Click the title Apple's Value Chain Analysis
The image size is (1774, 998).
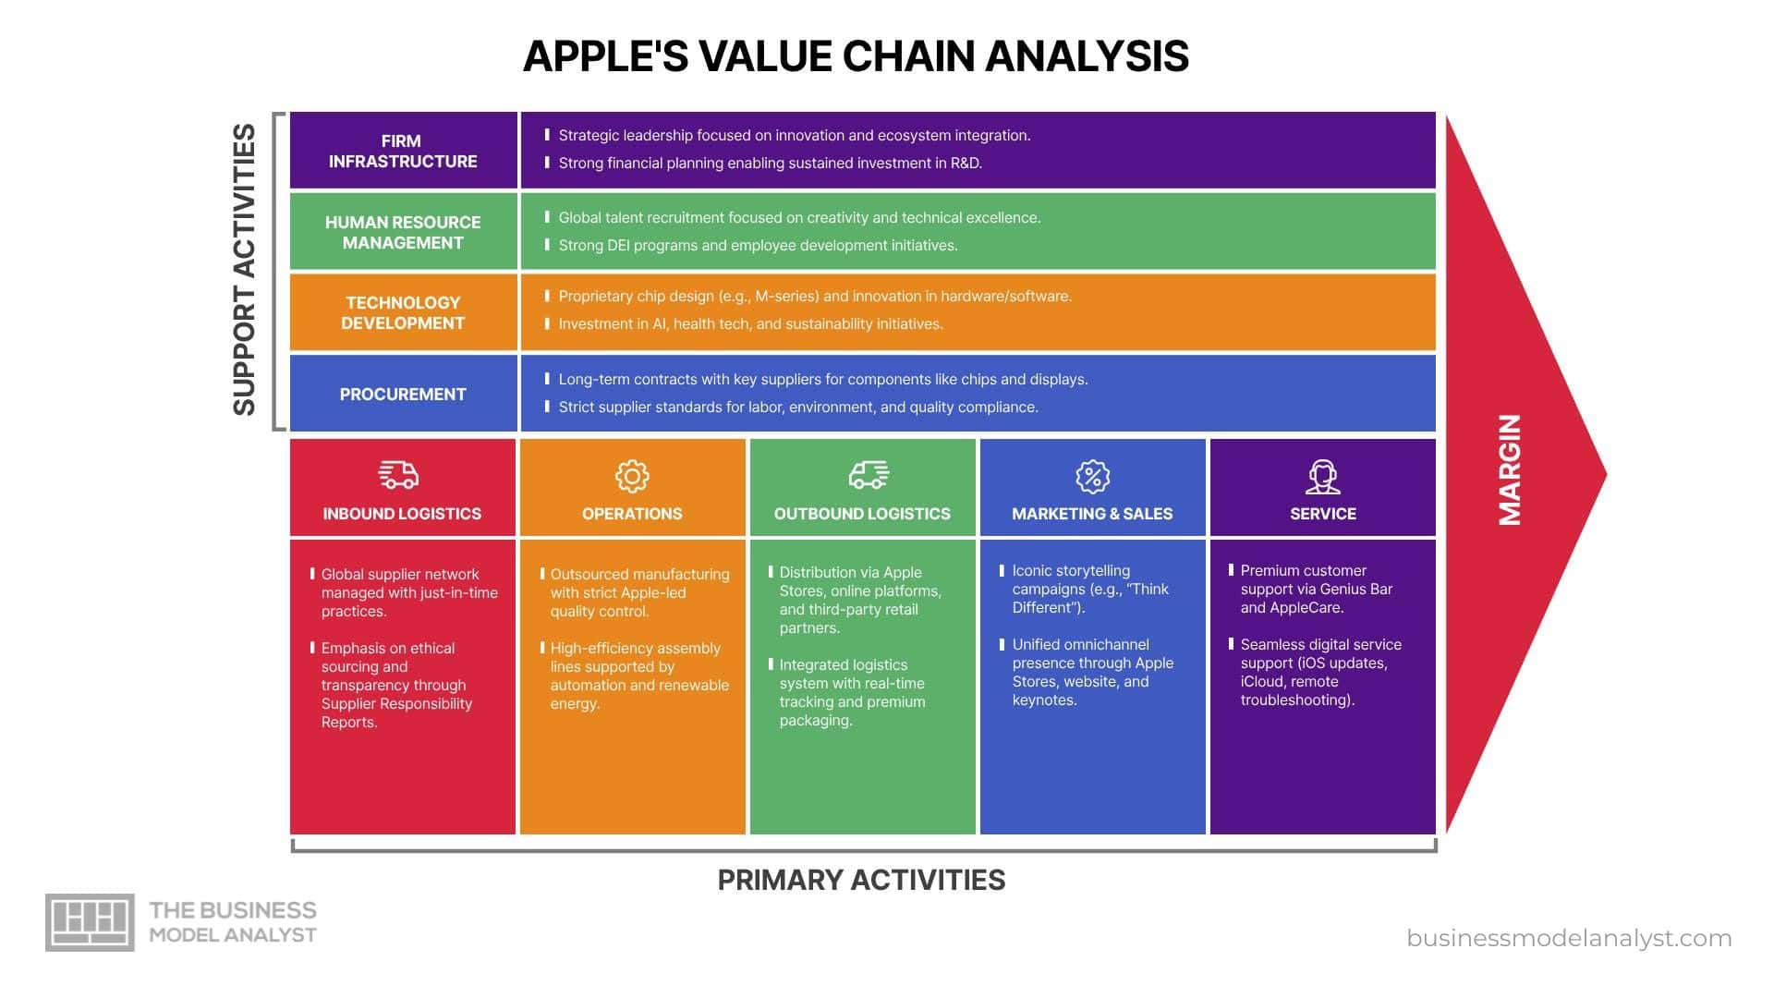point(856,56)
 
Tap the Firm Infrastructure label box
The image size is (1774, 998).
point(403,151)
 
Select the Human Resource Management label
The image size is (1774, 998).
point(403,232)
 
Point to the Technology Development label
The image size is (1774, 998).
point(403,312)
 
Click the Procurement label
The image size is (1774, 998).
point(403,394)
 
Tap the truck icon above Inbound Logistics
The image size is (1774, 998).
point(398,475)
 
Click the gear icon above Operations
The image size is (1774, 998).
point(632,476)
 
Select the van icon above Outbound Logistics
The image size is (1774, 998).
point(869,475)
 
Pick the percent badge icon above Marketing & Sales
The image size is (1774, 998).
point(1092,476)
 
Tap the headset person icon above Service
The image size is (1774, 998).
point(1322,477)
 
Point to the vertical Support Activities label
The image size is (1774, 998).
point(244,270)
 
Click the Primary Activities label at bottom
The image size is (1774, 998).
point(861,880)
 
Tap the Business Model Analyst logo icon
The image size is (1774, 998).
point(90,922)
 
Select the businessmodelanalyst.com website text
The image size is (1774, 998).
point(1569,938)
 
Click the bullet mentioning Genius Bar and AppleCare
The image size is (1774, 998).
point(1316,589)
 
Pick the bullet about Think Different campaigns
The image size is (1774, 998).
point(1089,589)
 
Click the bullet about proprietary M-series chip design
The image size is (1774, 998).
point(814,297)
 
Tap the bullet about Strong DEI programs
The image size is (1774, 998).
point(758,246)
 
